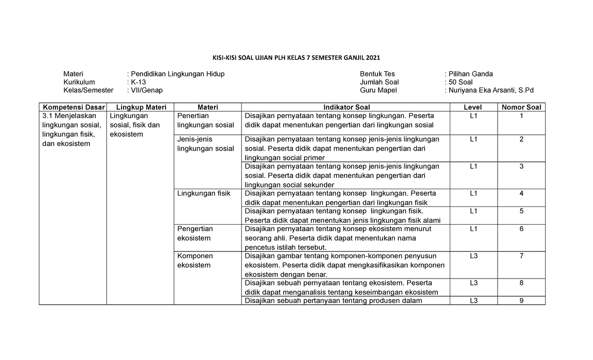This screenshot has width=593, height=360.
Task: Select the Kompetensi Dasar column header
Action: point(73,107)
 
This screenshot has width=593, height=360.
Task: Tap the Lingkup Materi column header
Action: point(141,107)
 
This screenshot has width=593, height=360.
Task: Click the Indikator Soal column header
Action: point(346,107)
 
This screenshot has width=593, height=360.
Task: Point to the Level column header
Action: point(473,107)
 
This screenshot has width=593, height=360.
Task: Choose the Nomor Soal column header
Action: point(521,107)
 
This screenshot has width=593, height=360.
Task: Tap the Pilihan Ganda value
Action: point(469,74)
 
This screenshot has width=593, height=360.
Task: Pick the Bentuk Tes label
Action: point(378,74)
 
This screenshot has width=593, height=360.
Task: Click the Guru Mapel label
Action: point(379,90)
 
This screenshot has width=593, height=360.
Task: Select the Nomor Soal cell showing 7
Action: point(521,256)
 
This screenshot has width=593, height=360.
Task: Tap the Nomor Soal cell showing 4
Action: point(521,193)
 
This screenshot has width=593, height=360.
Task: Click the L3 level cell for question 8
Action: point(473,283)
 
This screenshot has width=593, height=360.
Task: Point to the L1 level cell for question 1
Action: point(473,116)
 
